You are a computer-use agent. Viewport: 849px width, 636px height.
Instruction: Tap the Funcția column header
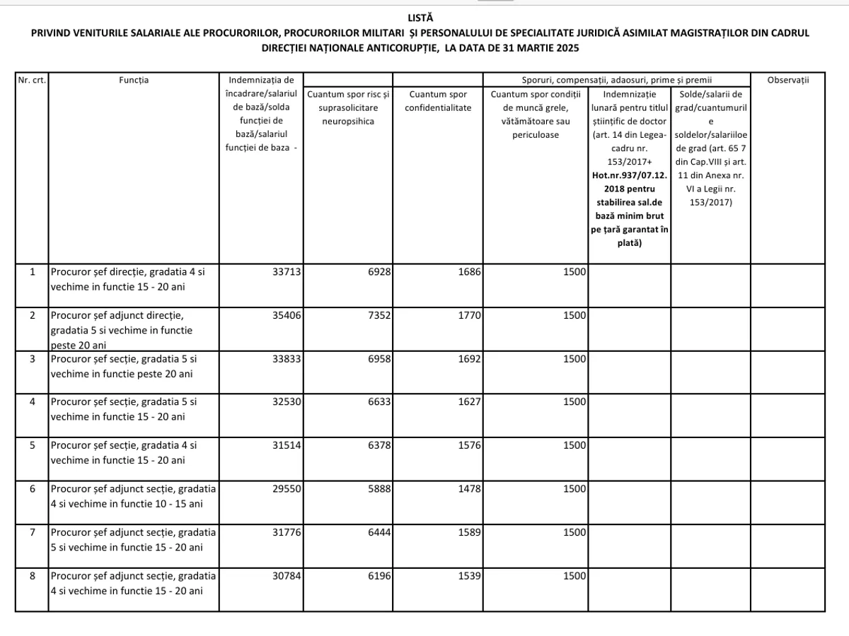134,80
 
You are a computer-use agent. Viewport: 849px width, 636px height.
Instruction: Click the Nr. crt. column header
32,80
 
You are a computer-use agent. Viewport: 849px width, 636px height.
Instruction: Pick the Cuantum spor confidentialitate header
438,100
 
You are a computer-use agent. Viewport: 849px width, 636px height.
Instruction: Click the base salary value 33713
287,271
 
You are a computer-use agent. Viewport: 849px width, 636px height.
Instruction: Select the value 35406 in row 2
287,315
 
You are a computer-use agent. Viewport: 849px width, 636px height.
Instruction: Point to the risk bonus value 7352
377,315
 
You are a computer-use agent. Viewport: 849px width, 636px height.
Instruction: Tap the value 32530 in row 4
287,401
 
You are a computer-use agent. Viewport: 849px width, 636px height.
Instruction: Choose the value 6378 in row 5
377,445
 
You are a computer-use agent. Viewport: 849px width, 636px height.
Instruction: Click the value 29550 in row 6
287,488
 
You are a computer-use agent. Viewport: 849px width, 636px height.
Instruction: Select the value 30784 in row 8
287,575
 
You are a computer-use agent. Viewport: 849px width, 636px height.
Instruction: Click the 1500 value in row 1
574,271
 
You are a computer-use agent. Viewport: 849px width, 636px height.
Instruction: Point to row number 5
32,445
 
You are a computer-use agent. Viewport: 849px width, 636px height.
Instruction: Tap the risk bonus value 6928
377,271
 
